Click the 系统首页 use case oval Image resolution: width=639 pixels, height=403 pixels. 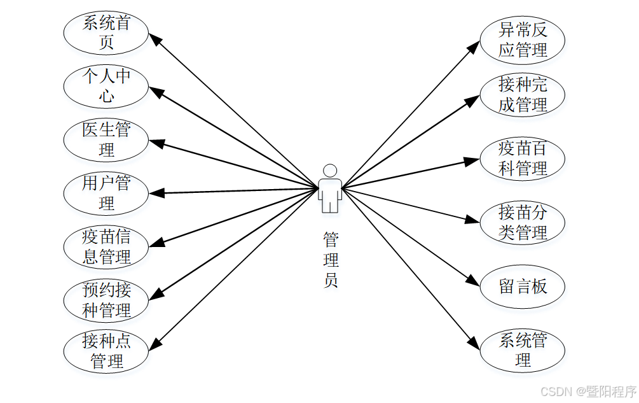tap(106, 32)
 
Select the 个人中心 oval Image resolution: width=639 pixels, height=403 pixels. tap(106, 86)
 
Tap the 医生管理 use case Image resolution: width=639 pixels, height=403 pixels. tap(106, 140)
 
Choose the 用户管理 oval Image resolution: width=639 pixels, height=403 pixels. tap(106, 193)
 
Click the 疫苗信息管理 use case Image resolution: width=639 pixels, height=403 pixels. tap(106, 246)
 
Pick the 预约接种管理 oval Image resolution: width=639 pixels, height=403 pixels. tap(106, 300)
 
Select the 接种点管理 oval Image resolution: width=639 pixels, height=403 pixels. tap(106, 351)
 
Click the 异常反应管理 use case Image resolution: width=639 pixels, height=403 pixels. tap(522, 39)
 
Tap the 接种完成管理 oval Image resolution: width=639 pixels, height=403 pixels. tap(522, 94)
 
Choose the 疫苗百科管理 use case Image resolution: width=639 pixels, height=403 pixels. tap(522, 159)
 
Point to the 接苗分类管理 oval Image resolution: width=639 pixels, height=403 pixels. tap(522, 222)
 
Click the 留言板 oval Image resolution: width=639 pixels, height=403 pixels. tap(522, 286)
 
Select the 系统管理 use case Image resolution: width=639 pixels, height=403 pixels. tap(522, 350)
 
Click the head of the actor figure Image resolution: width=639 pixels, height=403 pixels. tap(329, 171)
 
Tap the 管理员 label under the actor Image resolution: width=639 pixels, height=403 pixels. tap(331, 260)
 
